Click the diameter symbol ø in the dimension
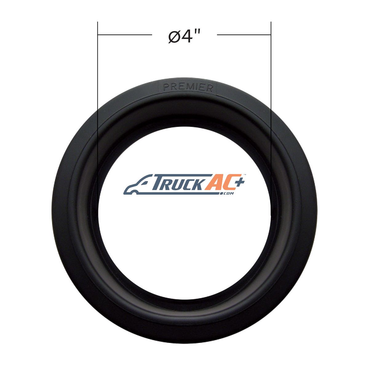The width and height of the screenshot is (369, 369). pos(174,37)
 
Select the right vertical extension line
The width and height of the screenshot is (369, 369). pos(271,119)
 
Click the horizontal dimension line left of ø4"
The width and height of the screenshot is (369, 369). pos(125,35)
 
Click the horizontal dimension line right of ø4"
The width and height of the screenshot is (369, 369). pos(244,35)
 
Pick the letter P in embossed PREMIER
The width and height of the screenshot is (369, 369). pos(166,87)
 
